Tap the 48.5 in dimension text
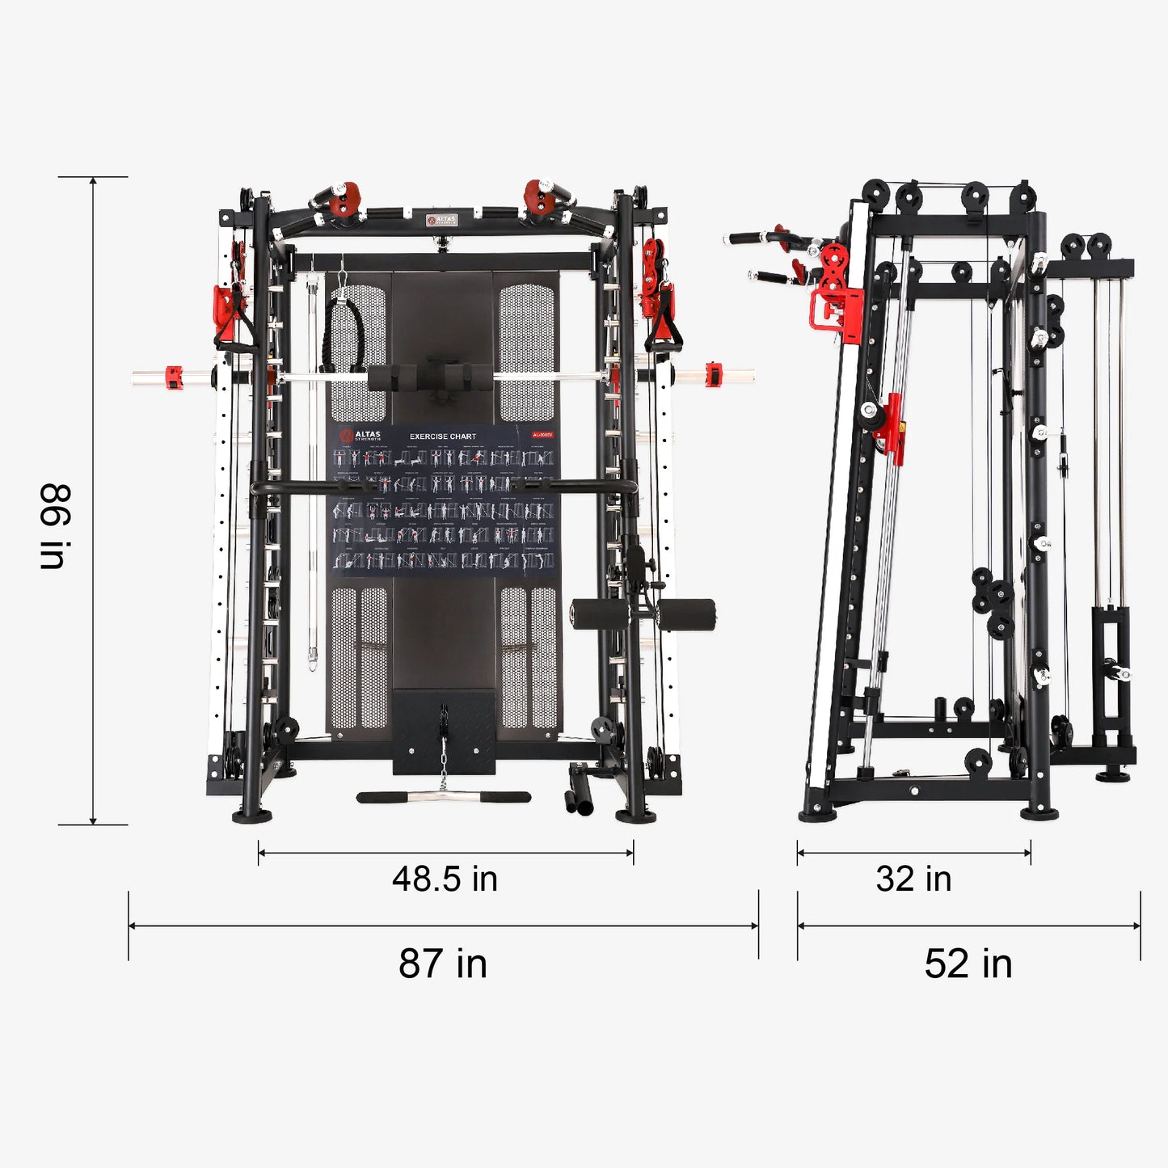pyautogui.click(x=445, y=879)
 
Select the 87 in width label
pyautogui.click(x=443, y=963)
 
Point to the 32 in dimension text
pyautogui.click(x=913, y=879)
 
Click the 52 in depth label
pyautogui.click(x=968, y=963)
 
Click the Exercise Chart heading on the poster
pyautogui.click(x=442, y=436)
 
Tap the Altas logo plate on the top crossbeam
pyautogui.click(x=442, y=220)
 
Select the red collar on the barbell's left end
pyautogui.click(x=174, y=377)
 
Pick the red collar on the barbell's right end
pyautogui.click(x=712, y=374)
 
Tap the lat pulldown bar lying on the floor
pyautogui.click(x=443, y=797)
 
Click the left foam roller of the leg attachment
pyautogui.click(x=599, y=614)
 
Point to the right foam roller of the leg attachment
pyautogui.click(x=686, y=614)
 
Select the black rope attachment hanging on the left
pyautogui.click(x=345, y=333)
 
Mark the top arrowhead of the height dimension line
pyautogui.click(x=93, y=182)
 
